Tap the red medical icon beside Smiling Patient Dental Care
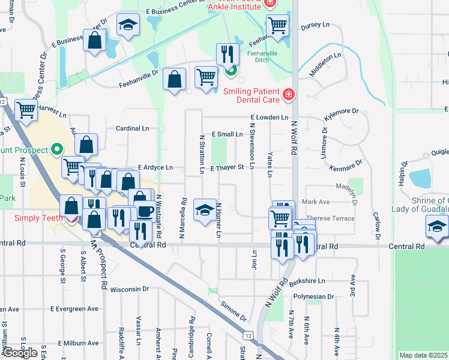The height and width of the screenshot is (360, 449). (289, 95)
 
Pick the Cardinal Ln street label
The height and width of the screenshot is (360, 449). (132, 128)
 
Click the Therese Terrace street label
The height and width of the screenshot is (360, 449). (330, 218)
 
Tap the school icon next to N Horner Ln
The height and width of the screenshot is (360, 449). (204, 209)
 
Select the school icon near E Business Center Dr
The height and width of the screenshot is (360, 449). (128, 25)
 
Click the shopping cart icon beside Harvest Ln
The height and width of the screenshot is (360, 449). (26, 110)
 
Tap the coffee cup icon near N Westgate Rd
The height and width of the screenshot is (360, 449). (144, 211)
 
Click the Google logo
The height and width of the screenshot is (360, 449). (20, 353)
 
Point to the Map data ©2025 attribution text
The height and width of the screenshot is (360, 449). (423, 355)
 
